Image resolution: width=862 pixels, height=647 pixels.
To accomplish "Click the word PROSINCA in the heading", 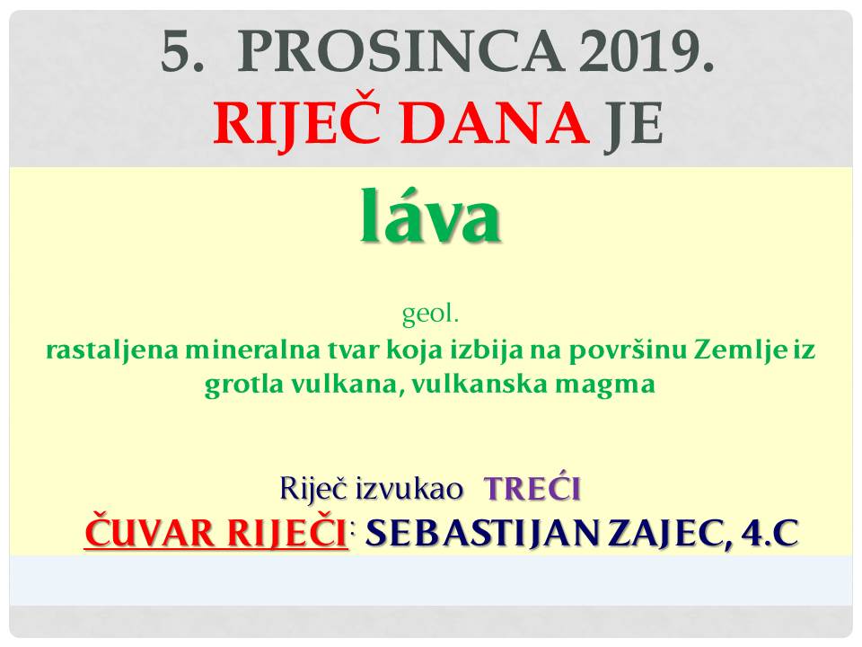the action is click(x=400, y=51).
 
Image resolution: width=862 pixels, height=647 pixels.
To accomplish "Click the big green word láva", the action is click(x=430, y=217).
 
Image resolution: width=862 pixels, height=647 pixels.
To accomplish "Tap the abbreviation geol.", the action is click(x=430, y=315).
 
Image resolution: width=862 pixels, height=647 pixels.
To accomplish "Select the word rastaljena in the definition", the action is click(x=112, y=351).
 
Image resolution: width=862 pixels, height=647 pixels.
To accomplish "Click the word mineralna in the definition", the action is click(x=251, y=350).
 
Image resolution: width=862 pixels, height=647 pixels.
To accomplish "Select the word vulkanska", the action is click(x=479, y=383).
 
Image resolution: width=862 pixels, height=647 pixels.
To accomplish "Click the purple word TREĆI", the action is click(x=532, y=488).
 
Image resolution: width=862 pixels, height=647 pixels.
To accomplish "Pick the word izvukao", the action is click(x=409, y=489).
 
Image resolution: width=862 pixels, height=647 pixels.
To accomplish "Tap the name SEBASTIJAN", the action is click(x=481, y=533).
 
